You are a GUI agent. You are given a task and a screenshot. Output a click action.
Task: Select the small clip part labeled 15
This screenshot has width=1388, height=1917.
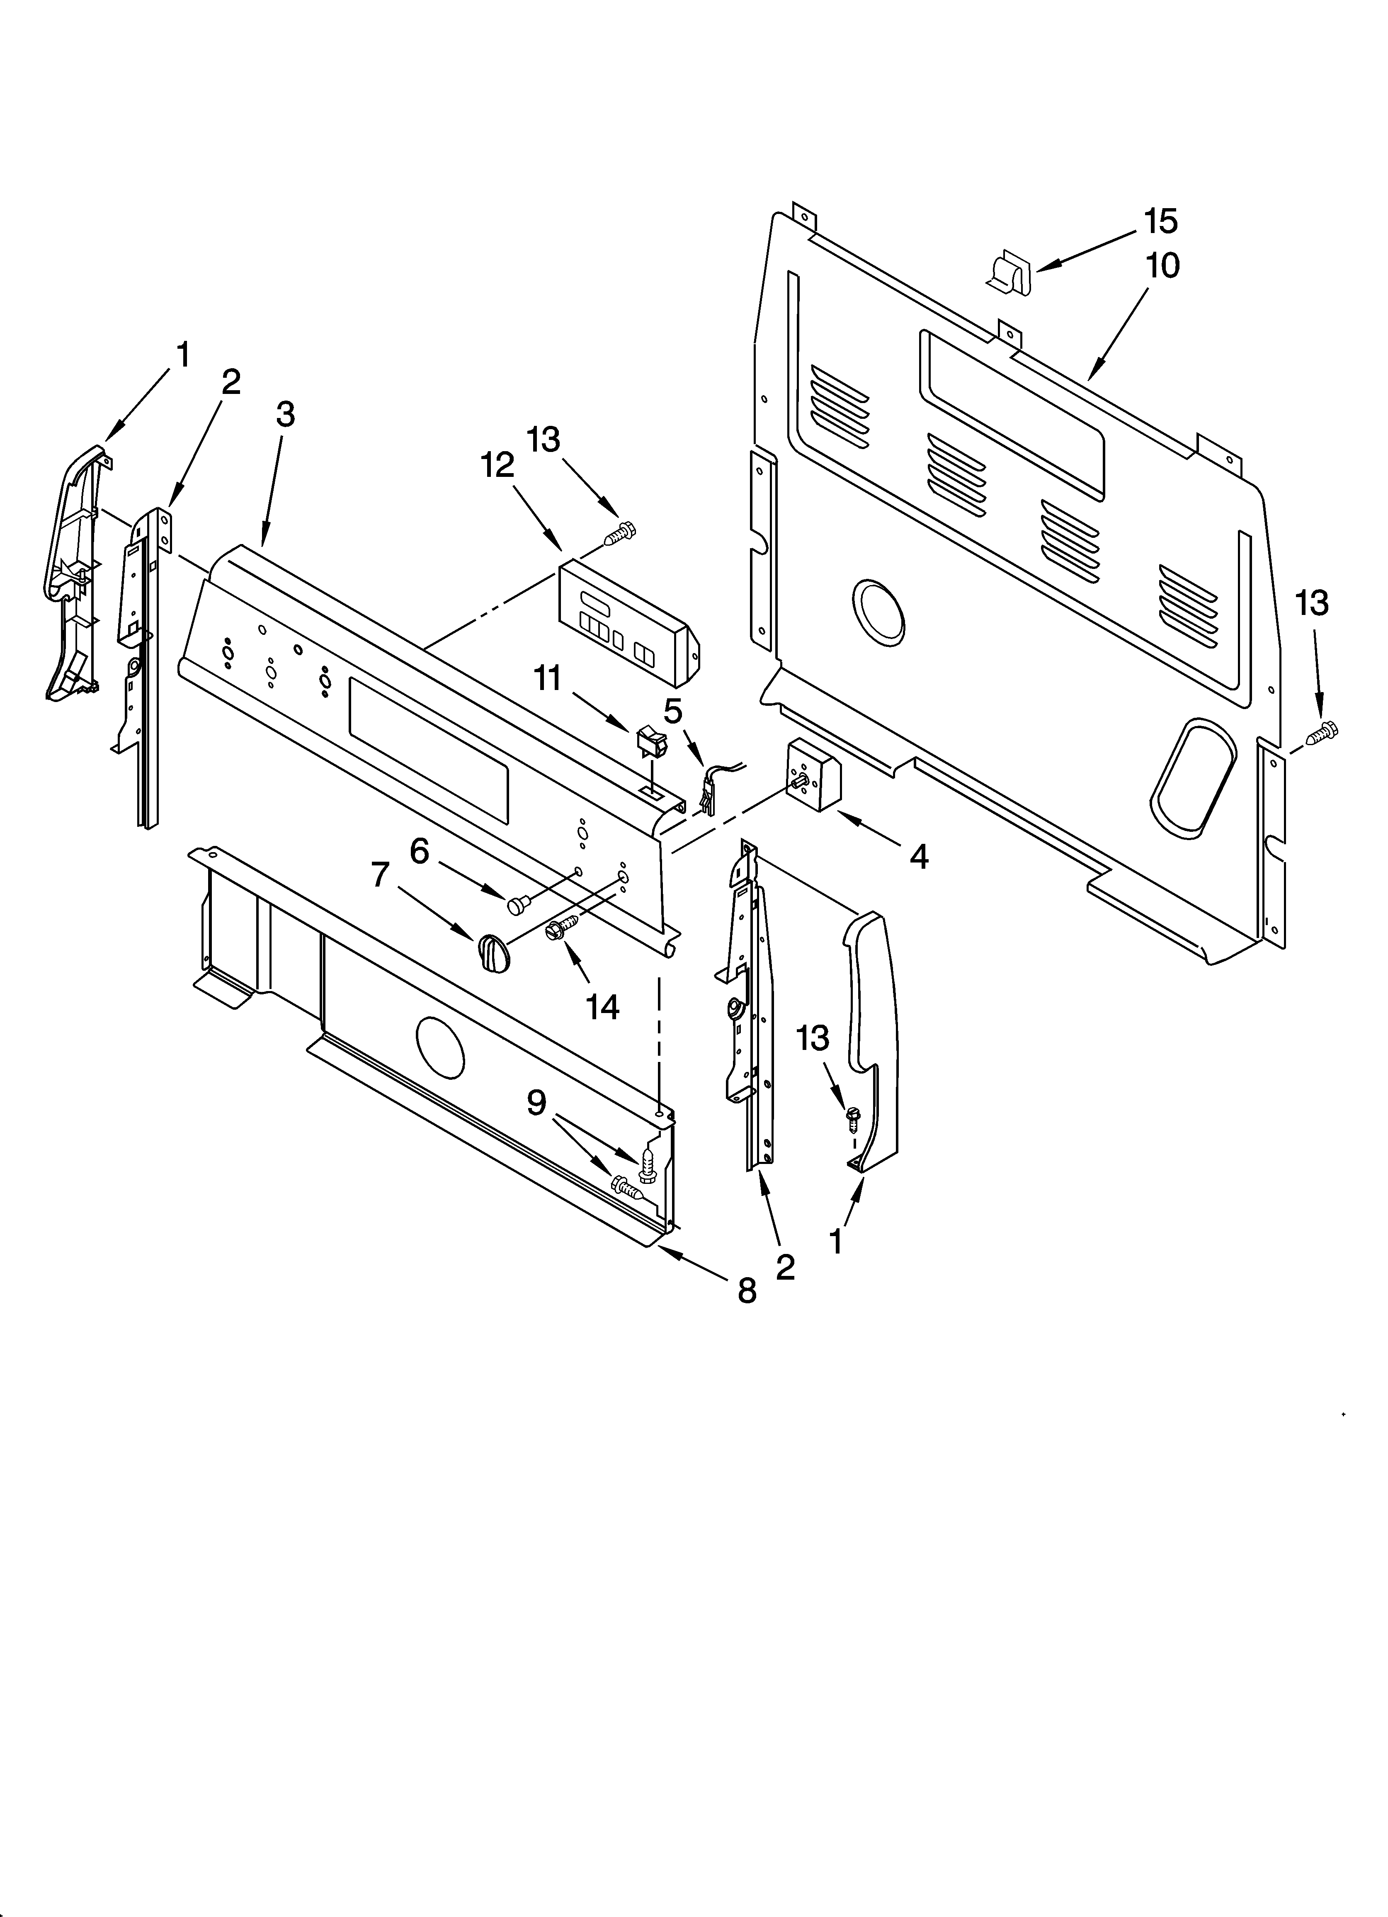coord(1008,273)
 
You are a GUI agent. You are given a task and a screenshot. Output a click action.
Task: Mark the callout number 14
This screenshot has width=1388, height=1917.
coord(603,1006)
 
